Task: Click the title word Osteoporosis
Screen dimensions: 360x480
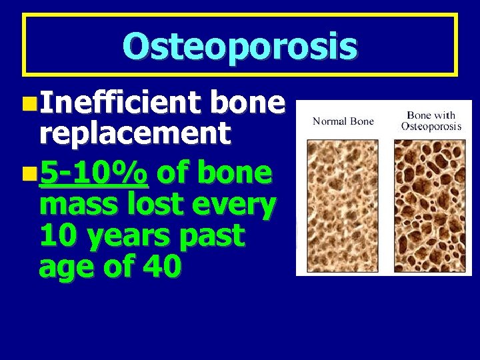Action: point(240,46)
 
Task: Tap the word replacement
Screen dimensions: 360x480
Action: point(135,134)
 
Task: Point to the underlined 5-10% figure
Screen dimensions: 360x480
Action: point(93,173)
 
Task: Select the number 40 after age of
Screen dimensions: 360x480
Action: point(161,267)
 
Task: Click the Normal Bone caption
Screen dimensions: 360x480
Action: point(343,121)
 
